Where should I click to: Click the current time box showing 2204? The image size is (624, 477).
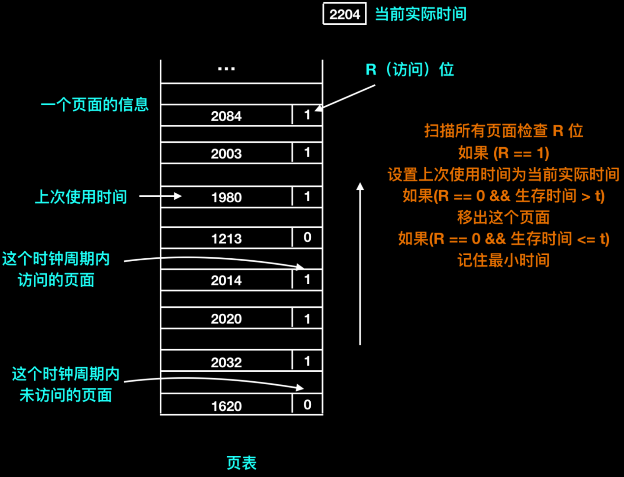point(344,14)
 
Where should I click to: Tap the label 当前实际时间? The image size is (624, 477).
point(421,14)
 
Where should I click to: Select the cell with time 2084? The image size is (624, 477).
point(226,116)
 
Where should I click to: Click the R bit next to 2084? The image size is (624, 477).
point(307,115)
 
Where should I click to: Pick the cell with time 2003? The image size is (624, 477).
point(226,153)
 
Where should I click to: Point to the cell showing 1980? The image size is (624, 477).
point(226,197)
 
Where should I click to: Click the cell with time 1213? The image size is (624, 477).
point(226,238)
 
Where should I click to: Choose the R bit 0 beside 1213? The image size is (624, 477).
point(307,237)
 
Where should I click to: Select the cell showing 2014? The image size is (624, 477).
point(226,280)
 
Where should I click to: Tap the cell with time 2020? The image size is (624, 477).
point(226,318)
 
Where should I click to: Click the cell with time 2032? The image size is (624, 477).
point(226,362)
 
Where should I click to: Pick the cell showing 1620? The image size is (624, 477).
point(226,406)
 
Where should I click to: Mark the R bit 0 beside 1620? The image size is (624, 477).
point(307,405)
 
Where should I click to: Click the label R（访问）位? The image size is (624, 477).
point(410,69)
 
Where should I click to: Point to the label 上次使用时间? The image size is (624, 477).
point(81,197)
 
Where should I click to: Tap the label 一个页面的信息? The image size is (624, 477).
point(95,104)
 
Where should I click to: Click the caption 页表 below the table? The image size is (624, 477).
point(241,463)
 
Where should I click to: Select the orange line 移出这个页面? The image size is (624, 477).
point(503,217)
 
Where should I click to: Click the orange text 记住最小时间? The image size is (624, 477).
point(503,260)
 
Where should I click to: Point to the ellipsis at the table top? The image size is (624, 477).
point(226,69)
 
